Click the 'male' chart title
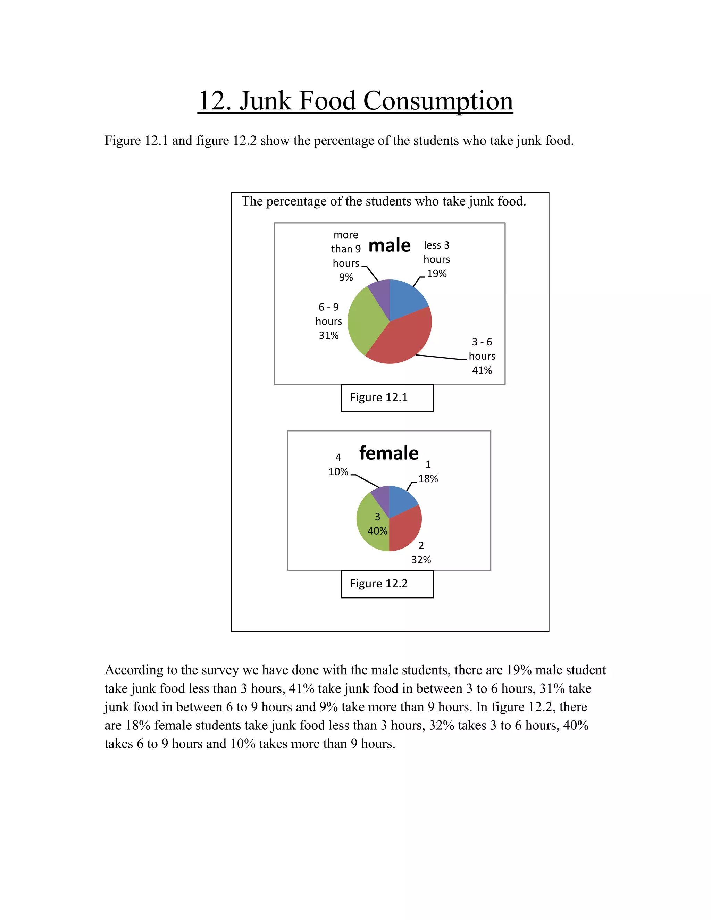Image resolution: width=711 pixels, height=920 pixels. point(389,245)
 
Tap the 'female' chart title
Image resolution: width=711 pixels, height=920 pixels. point(389,453)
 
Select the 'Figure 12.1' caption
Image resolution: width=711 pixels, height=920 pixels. point(379,397)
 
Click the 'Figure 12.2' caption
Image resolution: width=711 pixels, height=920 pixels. point(379,584)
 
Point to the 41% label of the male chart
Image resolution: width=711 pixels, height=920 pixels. point(482,370)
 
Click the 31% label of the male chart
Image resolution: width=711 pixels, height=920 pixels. point(328,335)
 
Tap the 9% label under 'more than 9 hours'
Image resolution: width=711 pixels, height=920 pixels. point(346,277)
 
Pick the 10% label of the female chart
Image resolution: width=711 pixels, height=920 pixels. point(338,472)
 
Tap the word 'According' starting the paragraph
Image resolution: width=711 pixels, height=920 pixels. point(134,670)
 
